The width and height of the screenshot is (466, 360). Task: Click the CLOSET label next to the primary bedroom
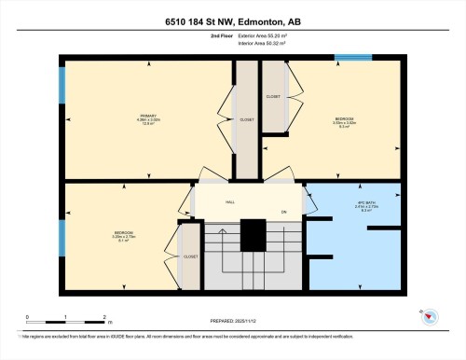[x=246, y=119]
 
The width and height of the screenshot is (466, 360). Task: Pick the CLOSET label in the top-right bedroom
[x=273, y=96]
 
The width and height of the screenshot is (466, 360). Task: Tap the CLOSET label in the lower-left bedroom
[x=190, y=256]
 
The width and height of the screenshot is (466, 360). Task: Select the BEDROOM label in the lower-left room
[x=123, y=232]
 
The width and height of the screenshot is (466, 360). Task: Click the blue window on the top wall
[x=353, y=59]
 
